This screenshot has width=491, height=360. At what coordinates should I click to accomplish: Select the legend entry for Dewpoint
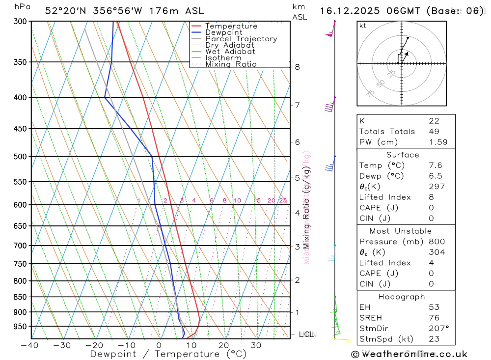point(223,32)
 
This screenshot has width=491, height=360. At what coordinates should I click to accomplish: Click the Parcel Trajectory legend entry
point(241,39)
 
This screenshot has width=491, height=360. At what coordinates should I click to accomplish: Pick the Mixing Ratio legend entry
point(231,64)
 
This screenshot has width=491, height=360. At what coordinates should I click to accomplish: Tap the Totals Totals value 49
point(434,131)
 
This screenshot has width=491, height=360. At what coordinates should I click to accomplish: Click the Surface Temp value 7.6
point(435,166)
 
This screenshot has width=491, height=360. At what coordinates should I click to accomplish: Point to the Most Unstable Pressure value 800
point(436,242)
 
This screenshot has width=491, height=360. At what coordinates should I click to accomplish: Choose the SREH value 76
point(434,318)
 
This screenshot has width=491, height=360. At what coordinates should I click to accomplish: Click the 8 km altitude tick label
point(297,67)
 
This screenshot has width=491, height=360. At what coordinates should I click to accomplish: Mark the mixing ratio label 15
point(257,200)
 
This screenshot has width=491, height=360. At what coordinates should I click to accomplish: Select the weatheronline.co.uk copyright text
point(409,354)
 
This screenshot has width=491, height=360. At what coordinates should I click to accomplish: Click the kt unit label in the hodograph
point(363,26)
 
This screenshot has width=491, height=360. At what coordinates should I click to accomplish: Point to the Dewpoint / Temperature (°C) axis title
point(168,354)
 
